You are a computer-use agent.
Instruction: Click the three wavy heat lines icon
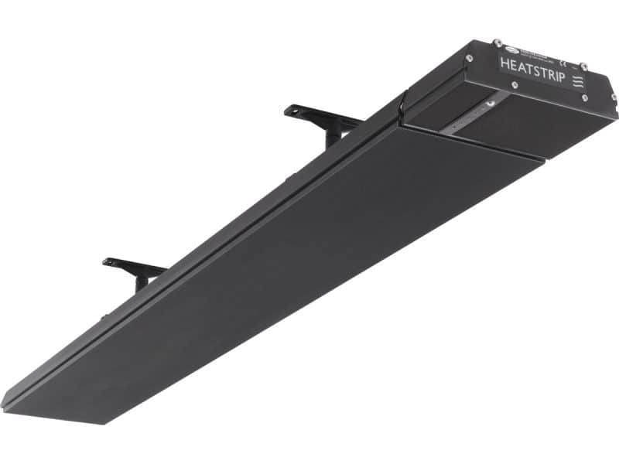577,82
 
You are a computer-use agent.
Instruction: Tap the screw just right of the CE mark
583,67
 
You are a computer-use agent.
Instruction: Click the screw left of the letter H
470,58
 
